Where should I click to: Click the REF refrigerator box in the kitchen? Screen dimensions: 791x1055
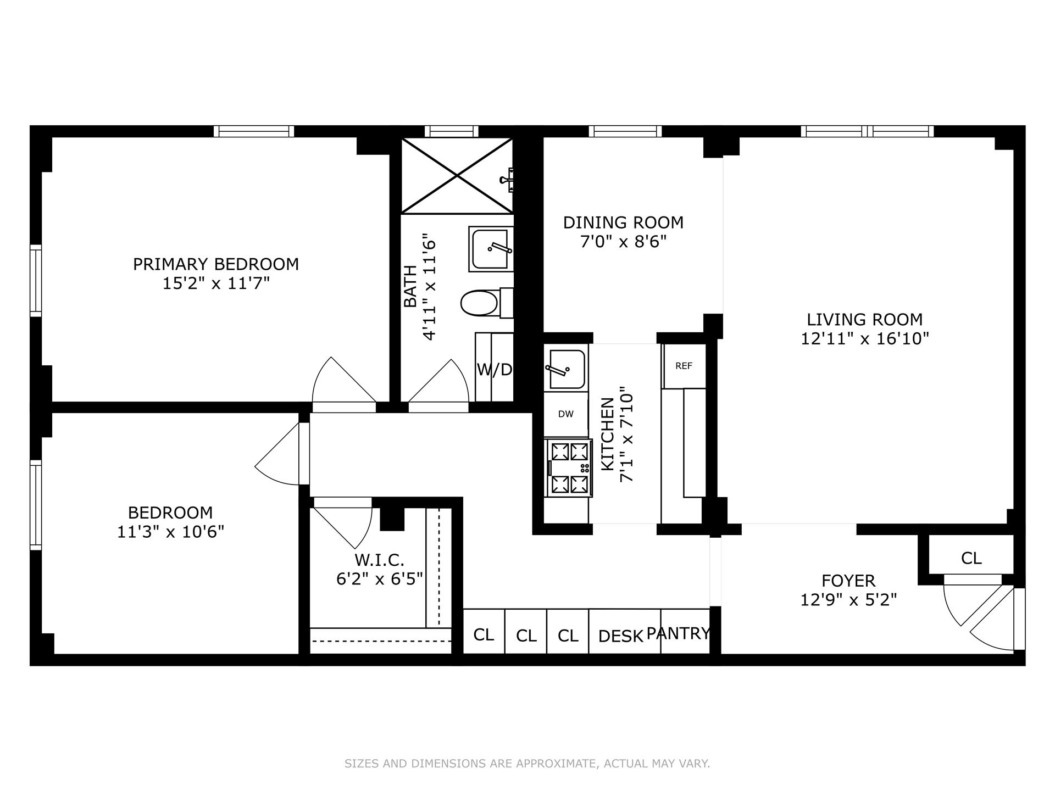coord(684,366)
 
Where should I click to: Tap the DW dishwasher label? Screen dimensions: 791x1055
coord(565,414)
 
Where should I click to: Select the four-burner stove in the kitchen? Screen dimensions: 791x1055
coord(569,467)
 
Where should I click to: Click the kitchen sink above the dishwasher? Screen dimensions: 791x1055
coord(565,366)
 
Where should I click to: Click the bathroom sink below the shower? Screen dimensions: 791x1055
coord(491,248)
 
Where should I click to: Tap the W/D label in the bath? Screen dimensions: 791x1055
coord(494,370)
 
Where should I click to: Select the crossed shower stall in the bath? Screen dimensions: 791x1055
coord(457,176)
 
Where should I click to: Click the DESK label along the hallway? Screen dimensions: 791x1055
coord(620,636)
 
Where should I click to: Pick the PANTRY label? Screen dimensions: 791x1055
coord(678,633)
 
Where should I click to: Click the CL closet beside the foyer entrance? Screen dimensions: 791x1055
coord(971,558)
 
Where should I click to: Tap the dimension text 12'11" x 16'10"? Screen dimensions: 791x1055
coord(864,338)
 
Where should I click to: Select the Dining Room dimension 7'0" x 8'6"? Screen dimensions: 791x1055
coord(623,242)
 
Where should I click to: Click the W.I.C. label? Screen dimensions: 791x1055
coord(379,560)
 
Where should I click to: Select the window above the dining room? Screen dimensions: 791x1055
coord(625,131)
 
